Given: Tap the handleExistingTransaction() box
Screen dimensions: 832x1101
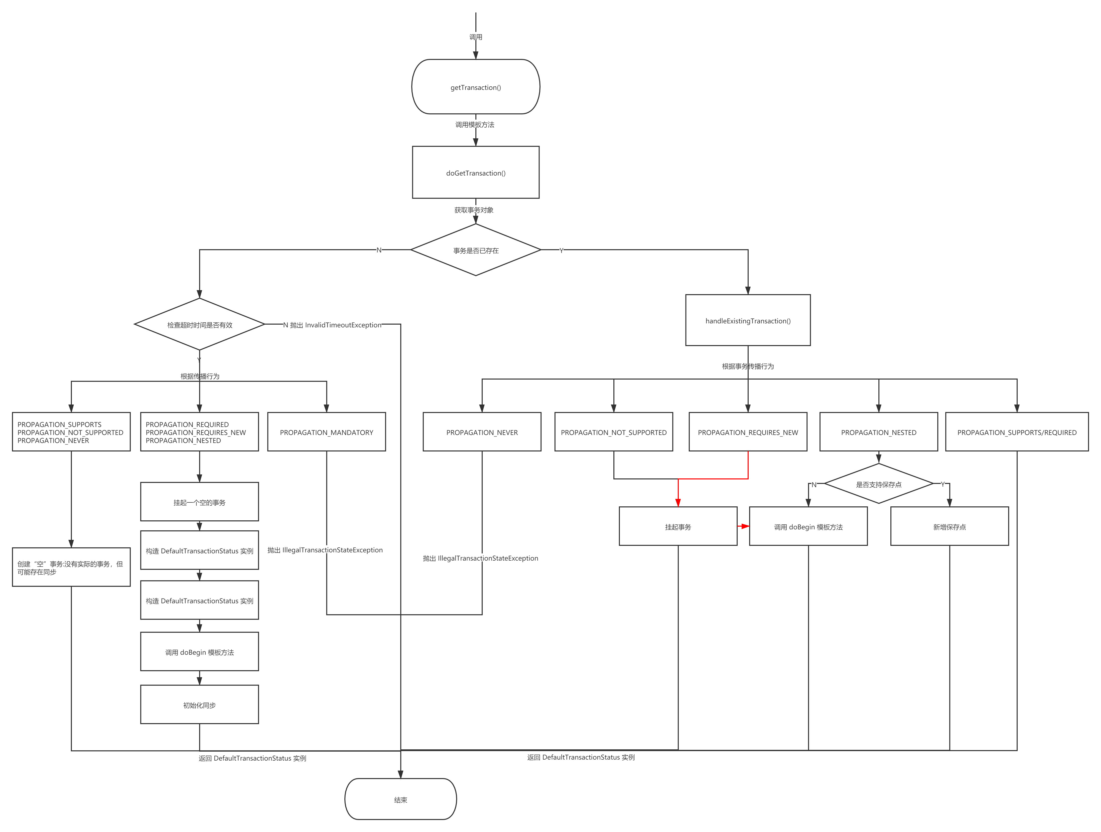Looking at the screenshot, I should click(748, 320).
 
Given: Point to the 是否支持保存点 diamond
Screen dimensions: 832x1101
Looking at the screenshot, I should click(878, 484).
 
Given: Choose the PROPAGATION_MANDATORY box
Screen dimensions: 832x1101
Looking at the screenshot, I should click(326, 432).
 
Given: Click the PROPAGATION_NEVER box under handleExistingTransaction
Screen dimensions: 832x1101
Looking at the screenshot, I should click(482, 432).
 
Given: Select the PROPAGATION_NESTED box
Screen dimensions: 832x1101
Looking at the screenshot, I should click(878, 432).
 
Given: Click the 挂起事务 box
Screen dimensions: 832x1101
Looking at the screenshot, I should click(678, 526).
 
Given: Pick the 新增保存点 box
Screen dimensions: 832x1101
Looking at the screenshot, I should click(949, 526).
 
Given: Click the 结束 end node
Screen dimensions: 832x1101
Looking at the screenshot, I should click(401, 799).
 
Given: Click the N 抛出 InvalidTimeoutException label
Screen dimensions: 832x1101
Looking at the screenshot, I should click(332, 325).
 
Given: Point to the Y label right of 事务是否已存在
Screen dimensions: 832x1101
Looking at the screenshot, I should click(561, 250).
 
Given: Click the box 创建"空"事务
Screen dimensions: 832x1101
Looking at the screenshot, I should click(71, 567).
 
